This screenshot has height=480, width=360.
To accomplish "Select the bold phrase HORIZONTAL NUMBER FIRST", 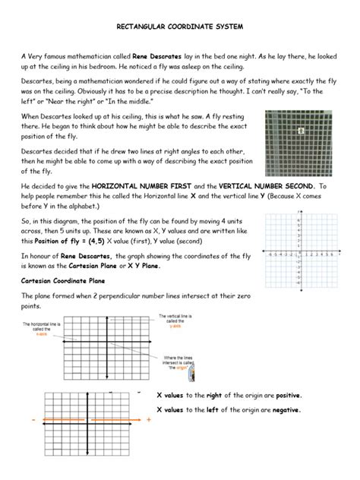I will [139, 185].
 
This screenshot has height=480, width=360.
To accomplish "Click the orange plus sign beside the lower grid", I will [148, 419].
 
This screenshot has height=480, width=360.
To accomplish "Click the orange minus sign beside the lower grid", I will [34, 419].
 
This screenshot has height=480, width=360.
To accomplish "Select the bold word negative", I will [284, 410].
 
